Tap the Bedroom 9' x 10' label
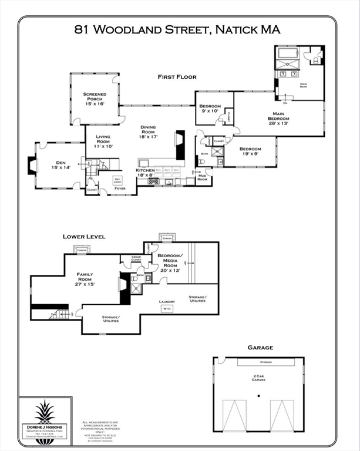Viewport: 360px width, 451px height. [210, 108]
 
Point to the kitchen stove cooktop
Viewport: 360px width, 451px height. [154, 182]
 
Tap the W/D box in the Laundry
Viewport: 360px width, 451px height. [166, 308]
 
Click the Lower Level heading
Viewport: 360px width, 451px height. [84, 237]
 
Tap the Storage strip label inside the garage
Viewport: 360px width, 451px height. [265, 362]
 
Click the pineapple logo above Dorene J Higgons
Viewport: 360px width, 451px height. [44, 412]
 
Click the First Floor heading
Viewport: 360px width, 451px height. [176, 77]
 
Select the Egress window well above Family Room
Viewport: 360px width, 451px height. [82, 250]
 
